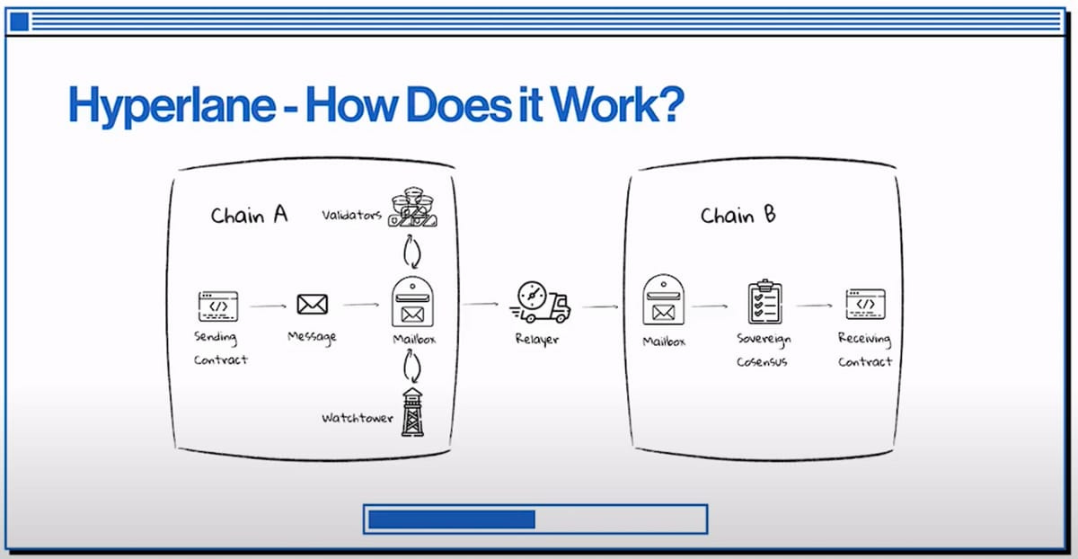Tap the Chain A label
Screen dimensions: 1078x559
tap(249, 216)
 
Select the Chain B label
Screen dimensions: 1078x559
tap(738, 216)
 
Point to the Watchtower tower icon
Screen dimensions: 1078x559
tap(412, 413)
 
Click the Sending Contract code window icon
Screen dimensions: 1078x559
tap(217, 306)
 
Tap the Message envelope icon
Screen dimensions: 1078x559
tap(312, 306)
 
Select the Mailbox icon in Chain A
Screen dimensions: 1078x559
tap(412, 303)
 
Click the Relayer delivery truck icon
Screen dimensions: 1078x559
tap(539, 303)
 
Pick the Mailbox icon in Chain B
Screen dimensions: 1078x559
tap(663, 301)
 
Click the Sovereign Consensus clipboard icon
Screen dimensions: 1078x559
tap(765, 303)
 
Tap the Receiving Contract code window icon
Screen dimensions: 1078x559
tap(865, 305)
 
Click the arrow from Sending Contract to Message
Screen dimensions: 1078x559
tap(267, 306)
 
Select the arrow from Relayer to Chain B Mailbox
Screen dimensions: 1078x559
tap(600, 306)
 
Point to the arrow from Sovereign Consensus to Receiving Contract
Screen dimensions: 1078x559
tap(815, 306)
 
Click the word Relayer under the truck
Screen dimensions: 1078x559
tap(537, 340)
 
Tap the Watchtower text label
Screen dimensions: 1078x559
tap(357, 419)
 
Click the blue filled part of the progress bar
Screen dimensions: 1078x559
tap(451, 519)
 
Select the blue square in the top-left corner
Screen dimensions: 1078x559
tap(19, 22)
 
